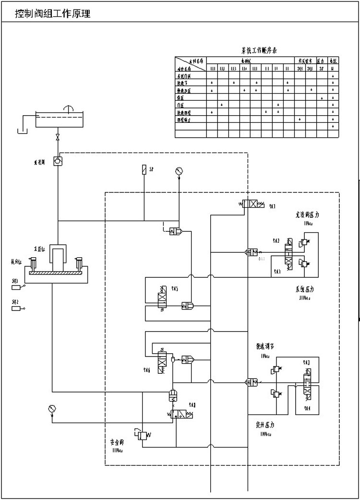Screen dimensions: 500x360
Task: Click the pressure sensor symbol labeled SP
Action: coord(144,169)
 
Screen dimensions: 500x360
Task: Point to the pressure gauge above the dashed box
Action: coord(179,170)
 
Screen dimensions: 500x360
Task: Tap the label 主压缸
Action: coord(39,249)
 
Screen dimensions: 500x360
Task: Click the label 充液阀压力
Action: coord(308,215)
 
